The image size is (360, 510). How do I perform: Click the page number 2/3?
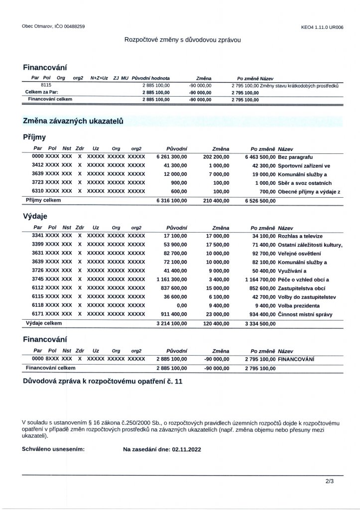(x=329, y=482)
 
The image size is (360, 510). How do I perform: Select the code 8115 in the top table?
(x=47, y=86)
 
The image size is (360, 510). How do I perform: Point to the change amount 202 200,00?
(x=216, y=156)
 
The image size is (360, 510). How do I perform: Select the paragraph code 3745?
(x=38, y=279)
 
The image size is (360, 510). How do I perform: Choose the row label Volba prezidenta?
(x=299, y=305)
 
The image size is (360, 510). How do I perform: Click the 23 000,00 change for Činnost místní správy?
(x=217, y=314)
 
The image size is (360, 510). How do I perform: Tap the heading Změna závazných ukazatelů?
(x=73, y=121)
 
